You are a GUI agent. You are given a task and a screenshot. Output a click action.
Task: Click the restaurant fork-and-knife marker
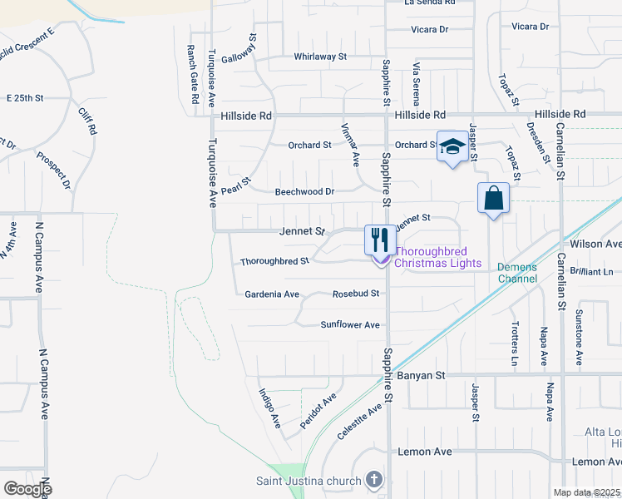[x=380, y=240]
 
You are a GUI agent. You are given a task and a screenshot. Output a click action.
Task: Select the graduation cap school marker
[x=452, y=147]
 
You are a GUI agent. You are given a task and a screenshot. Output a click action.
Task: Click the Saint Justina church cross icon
[x=374, y=480]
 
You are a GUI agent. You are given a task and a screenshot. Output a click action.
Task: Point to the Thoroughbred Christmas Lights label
[x=437, y=257]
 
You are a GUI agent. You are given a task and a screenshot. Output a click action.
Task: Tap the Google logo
[x=27, y=488]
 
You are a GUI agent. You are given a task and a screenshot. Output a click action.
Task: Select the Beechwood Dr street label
[x=304, y=191]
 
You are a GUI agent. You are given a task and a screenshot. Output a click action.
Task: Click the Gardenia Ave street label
[x=271, y=294]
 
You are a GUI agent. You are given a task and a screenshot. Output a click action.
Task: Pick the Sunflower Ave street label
[x=350, y=324]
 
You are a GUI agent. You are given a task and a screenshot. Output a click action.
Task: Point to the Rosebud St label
[x=356, y=294]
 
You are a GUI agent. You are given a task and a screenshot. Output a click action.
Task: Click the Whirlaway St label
[x=320, y=57]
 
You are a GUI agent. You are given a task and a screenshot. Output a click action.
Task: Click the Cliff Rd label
[x=87, y=121]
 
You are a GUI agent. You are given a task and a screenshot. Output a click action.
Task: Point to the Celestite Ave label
[x=360, y=421]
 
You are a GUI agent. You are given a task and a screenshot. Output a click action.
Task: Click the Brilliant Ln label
[x=597, y=271]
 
